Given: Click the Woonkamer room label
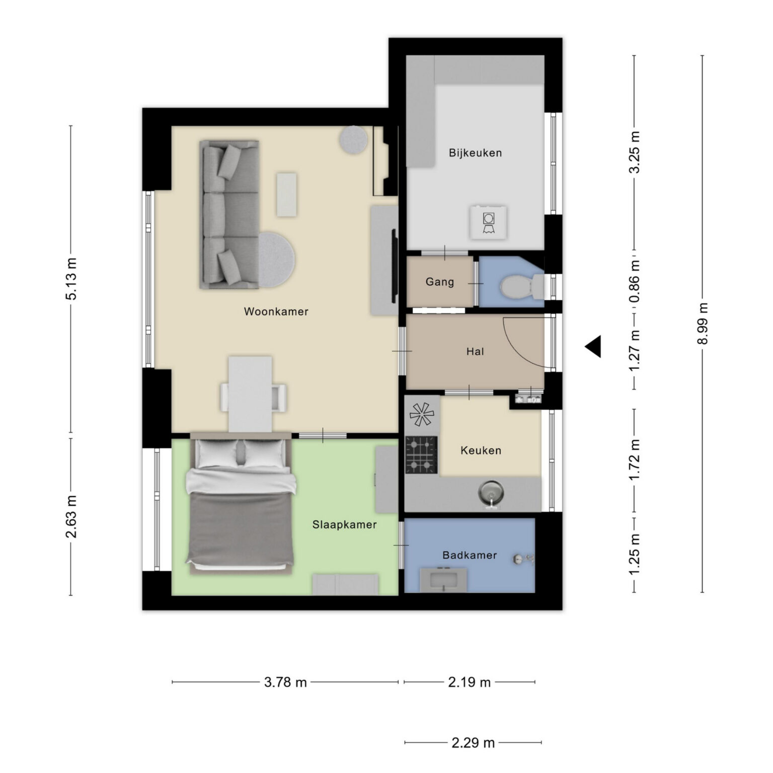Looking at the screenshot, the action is click(x=276, y=312).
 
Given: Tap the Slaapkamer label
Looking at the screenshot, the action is click(x=344, y=524).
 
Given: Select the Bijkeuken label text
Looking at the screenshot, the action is click(x=475, y=153).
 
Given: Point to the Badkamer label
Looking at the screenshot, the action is click(x=470, y=555).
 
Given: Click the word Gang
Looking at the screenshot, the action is click(x=440, y=282).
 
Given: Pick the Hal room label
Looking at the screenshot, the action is click(x=475, y=351).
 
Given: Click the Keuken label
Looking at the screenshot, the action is click(x=481, y=450).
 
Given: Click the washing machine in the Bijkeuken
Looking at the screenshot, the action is click(x=488, y=222).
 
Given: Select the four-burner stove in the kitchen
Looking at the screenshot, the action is click(x=421, y=455).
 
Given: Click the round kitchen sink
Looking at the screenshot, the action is click(x=491, y=494).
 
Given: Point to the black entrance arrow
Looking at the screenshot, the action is click(x=593, y=346).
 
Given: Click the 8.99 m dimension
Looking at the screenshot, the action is click(x=703, y=324).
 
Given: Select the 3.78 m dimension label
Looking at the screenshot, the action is click(x=285, y=682).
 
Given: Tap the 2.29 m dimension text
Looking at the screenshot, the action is click(x=473, y=742).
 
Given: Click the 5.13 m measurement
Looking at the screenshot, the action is click(x=71, y=279).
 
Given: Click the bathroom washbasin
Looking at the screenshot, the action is click(x=443, y=580).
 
